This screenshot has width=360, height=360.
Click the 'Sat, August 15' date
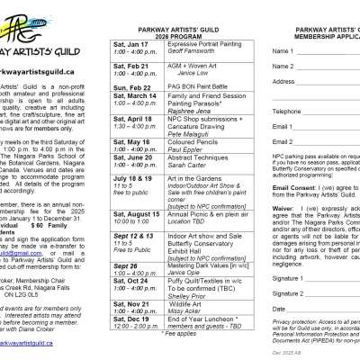139,213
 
